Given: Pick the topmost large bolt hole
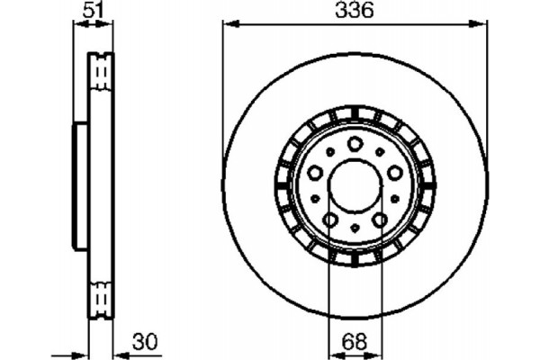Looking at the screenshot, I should (355, 143).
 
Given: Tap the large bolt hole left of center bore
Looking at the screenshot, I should (316, 171).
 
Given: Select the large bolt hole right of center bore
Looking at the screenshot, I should (393, 171).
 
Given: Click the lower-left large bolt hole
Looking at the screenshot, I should (330, 219).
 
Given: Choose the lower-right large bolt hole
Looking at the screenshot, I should (379, 219).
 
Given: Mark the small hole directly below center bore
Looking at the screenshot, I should (355, 228).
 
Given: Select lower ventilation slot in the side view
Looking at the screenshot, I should (101, 296).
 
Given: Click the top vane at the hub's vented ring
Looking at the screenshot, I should (355, 114).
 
